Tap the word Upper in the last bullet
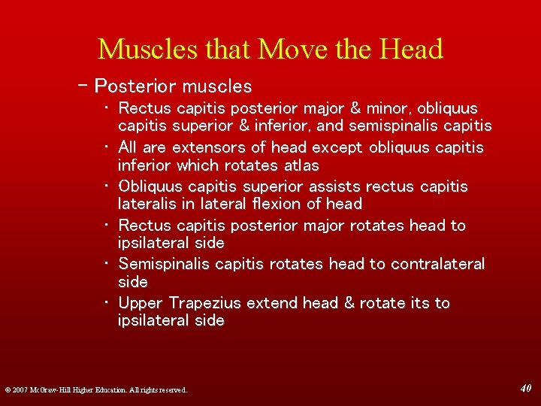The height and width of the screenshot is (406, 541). (141, 303)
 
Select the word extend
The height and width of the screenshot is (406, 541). (271, 303)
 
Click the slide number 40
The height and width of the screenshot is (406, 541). (526, 388)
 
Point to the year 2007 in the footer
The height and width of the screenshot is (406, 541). (21, 389)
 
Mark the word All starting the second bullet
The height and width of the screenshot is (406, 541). (128, 147)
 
